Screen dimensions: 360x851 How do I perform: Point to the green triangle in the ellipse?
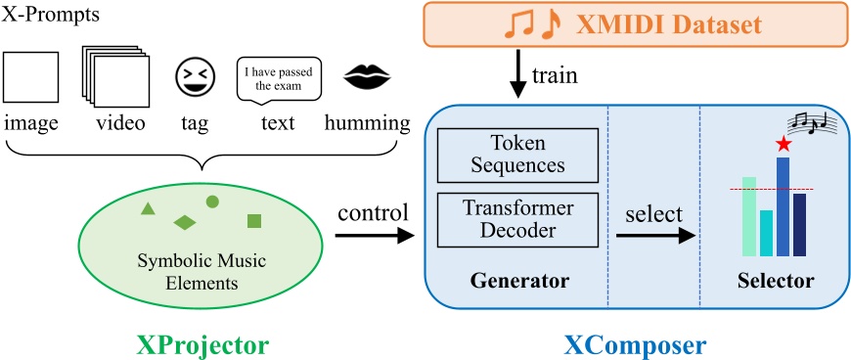coord(148,207)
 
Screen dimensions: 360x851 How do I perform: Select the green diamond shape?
coord(185,222)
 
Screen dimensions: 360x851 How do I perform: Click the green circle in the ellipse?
coord(212,202)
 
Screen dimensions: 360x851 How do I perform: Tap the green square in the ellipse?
coord(253,220)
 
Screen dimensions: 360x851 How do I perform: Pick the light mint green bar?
coord(749,216)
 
